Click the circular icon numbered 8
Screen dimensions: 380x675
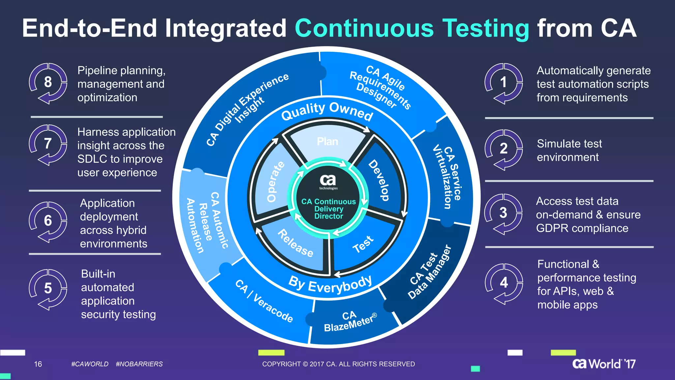tap(48, 82)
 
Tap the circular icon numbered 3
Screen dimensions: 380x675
tap(503, 213)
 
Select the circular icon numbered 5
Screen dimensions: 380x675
tap(48, 289)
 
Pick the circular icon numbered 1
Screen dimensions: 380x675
tap(503, 82)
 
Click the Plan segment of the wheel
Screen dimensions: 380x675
tap(328, 142)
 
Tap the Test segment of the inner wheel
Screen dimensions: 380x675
tap(363, 244)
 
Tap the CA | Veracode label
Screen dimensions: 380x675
tap(264, 301)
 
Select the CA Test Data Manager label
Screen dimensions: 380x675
tap(429, 272)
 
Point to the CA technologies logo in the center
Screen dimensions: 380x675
tap(328, 182)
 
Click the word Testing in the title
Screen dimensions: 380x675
tap(485, 28)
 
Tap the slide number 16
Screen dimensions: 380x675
tap(38, 364)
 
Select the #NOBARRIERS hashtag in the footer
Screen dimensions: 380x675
tap(139, 364)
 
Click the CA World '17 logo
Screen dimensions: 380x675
tap(604, 364)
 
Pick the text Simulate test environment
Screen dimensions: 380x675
tap(569, 150)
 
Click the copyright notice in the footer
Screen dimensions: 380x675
tap(338, 364)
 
